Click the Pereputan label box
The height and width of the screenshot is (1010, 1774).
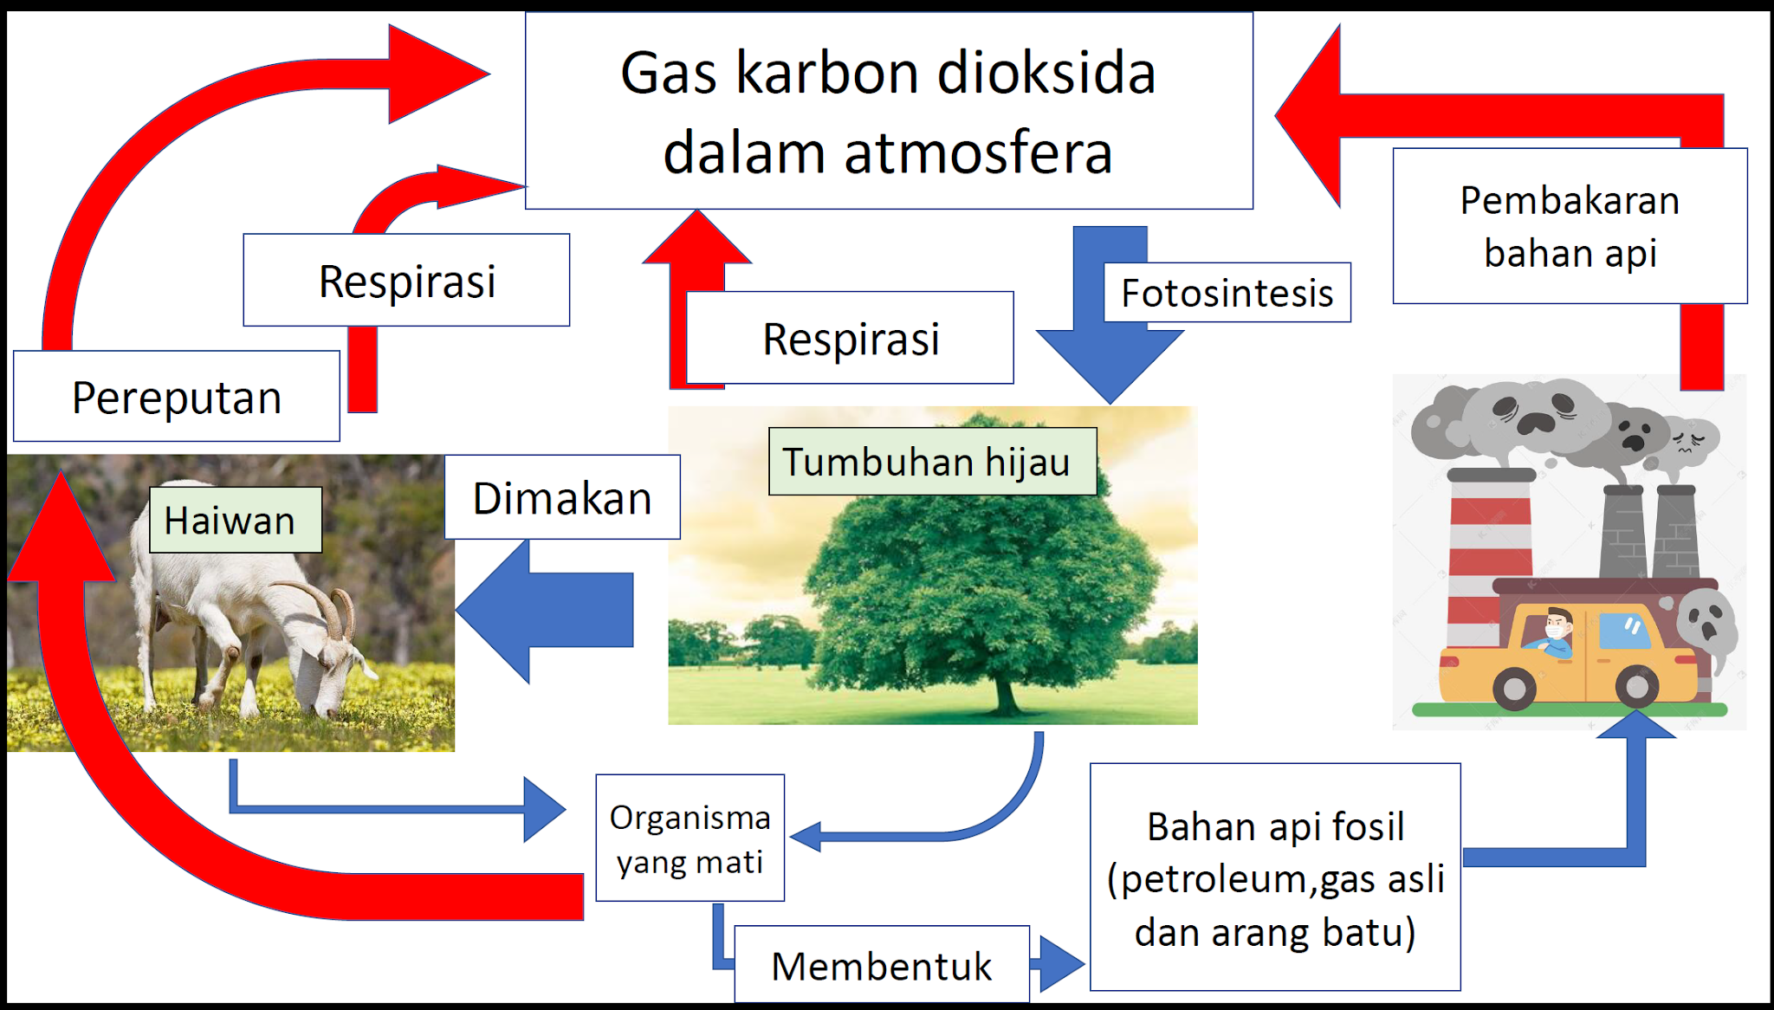click(177, 397)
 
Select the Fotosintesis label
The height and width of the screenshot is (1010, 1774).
click(1227, 293)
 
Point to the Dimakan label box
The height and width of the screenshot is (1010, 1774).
click(562, 497)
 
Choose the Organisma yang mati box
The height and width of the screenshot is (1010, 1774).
click(690, 838)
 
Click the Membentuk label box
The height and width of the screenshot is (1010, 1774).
click(881, 965)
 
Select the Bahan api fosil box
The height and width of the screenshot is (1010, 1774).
click(1274, 877)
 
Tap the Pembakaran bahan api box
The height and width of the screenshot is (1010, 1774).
click(1569, 226)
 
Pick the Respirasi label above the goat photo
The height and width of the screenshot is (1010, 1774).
click(406, 280)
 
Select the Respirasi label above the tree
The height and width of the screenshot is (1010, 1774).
click(850, 338)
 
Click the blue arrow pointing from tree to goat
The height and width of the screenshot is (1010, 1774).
click(546, 611)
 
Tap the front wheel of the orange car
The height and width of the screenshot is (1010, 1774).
click(1514, 689)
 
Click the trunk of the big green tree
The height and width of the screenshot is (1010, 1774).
click(1005, 693)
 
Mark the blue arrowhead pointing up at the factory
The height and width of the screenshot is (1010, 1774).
click(1635, 726)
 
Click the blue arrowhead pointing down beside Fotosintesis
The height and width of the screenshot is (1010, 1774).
click(1110, 364)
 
